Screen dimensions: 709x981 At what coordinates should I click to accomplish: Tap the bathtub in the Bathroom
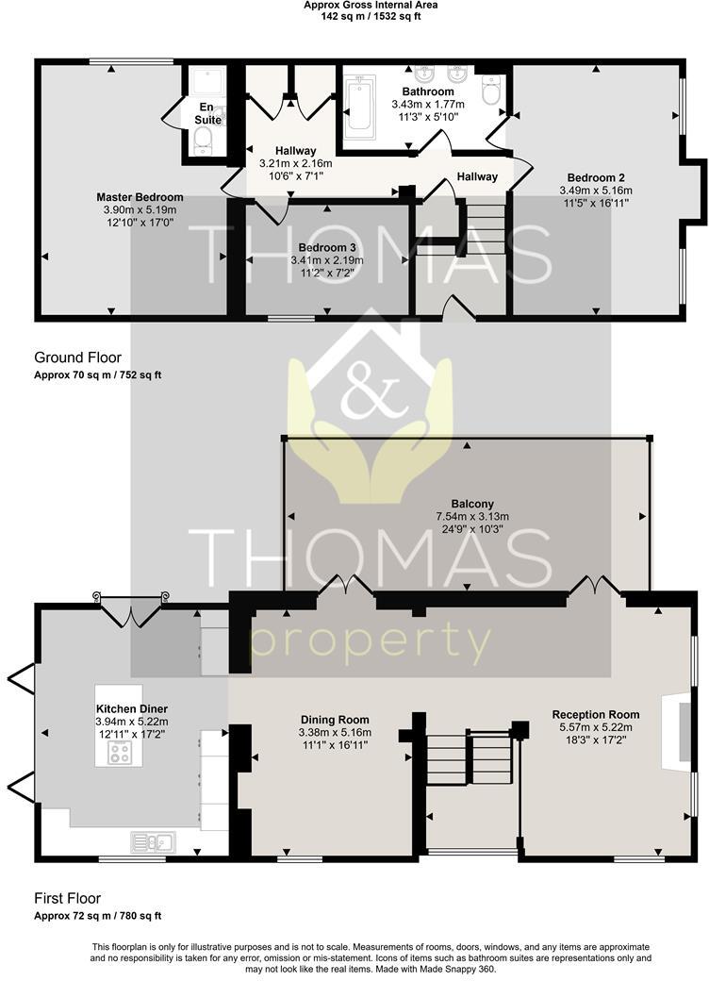point(360,107)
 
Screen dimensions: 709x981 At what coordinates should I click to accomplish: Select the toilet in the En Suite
point(203,141)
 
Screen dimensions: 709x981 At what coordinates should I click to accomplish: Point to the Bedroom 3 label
point(327,248)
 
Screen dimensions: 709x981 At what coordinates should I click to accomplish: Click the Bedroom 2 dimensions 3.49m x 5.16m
point(596,191)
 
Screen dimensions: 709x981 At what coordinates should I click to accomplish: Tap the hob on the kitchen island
point(119,753)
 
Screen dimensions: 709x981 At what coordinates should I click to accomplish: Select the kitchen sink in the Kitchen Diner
point(153,842)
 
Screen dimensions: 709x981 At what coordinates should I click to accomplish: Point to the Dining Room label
point(335,720)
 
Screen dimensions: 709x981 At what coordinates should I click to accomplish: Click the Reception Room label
point(596,714)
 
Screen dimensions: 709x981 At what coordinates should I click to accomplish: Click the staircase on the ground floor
point(486,228)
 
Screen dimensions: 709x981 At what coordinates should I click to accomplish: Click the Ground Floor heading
point(77,357)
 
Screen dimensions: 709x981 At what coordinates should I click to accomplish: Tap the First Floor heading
point(68,898)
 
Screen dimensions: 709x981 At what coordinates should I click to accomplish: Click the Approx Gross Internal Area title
point(371,5)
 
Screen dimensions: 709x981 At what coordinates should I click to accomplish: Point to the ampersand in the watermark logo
point(371,390)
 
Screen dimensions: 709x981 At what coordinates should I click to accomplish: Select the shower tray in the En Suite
point(207,82)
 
